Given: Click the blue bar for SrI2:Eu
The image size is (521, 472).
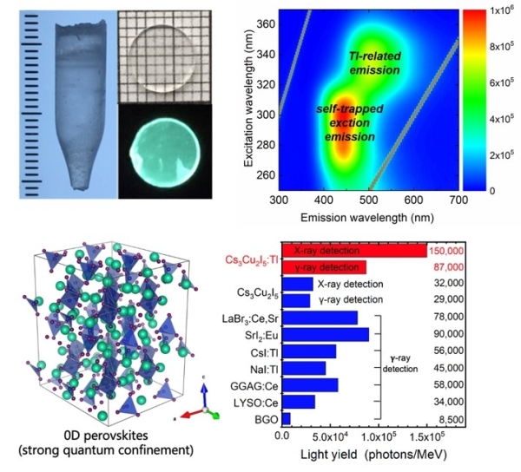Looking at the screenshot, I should point(326,335).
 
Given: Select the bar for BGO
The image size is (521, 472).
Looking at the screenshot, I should point(286,419).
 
